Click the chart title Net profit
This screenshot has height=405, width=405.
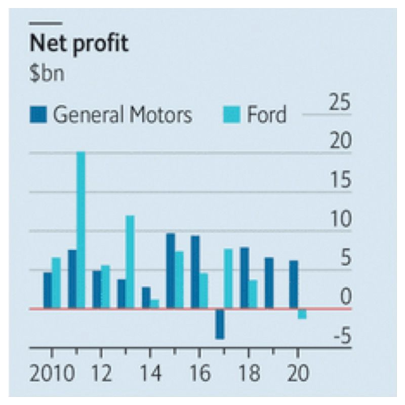(79, 45)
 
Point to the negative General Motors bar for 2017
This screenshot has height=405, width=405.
(219, 323)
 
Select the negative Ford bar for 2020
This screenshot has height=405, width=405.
(302, 314)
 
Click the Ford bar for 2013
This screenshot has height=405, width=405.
(130, 262)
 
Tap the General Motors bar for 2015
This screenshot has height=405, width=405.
(171, 270)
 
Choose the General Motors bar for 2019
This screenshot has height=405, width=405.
(269, 282)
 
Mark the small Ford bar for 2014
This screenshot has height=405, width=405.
(154, 303)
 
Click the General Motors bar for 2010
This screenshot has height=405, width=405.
(48, 290)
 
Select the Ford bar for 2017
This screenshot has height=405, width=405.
(228, 278)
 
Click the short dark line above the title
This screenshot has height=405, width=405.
(46, 23)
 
